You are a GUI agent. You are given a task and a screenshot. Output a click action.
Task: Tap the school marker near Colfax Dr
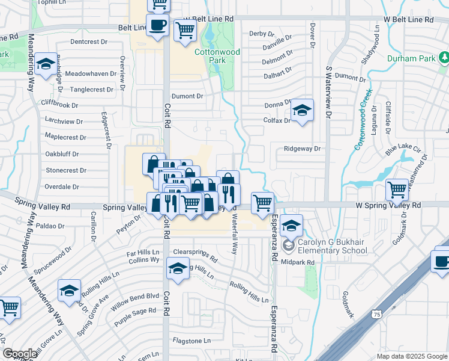pyautogui.click(x=302, y=110)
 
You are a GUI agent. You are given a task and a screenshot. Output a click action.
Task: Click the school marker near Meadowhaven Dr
pyautogui.click(x=45, y=64)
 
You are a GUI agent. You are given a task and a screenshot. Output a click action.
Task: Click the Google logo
pyautogui.click(x=20, y=354)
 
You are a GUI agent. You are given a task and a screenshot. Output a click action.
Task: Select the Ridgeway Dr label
pyautogui.click(x=303, y=149)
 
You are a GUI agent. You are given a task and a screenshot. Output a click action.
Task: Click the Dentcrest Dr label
pyautogui.click(x=88, y=42)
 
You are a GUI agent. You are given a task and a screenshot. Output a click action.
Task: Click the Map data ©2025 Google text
pyautogui.click(x=412, y=356)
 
